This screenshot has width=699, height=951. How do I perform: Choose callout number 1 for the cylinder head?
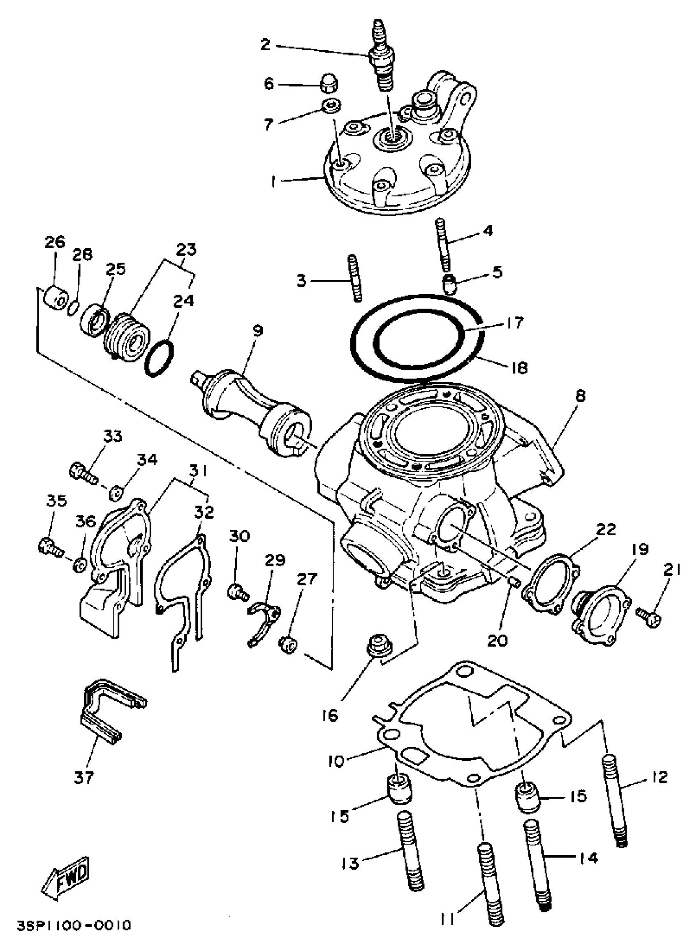(x=273, y=182)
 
